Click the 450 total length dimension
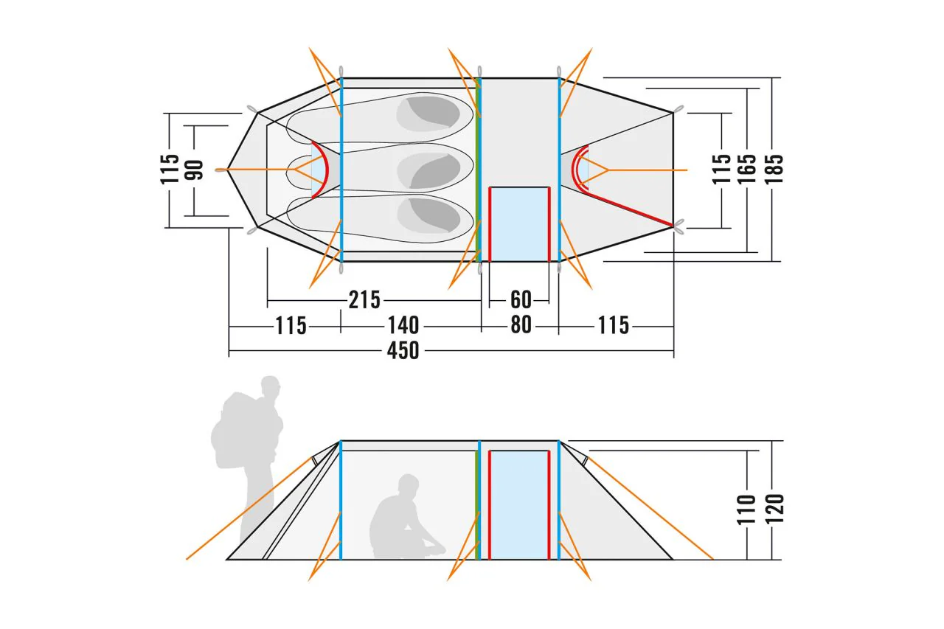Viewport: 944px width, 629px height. pos(403,350)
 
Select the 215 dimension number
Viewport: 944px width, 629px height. pos(364,300)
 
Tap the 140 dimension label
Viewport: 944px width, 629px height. pos(403,325)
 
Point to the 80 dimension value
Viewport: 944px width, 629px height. pos(521,325)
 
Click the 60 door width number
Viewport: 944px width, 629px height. pos(521,300)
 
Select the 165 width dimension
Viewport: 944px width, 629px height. pos(747,169)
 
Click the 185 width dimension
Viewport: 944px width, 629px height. pos(774,169)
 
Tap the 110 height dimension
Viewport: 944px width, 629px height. pos(746,510)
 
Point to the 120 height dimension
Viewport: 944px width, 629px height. pos(774,509)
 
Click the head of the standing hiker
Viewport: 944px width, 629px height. pos(270,386)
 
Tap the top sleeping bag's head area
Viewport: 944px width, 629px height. pos(428,114)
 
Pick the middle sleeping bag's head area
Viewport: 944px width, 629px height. pos(428,170)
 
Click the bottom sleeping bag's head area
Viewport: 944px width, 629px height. pos(428,215)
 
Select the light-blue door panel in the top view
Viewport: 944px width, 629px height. pos(519,225)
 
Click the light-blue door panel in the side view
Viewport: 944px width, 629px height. pos(519,505)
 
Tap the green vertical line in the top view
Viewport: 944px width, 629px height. pos(477,170)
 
